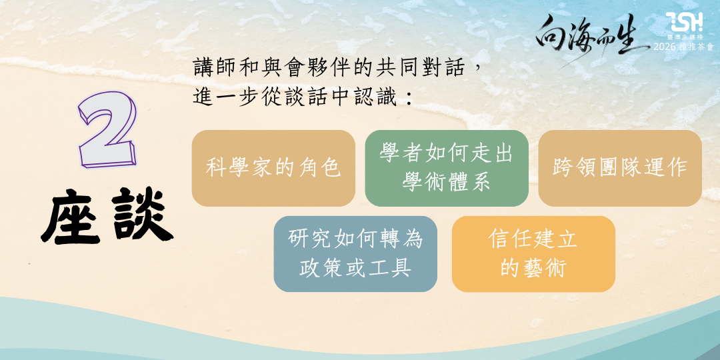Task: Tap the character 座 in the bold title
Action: (71, 216)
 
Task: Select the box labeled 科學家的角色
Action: (273, 168)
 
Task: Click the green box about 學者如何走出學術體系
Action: (446, 168)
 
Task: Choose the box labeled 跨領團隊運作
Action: (620, 168)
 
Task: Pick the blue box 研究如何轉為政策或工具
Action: (355, 254)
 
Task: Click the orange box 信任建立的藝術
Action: (533, 254)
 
